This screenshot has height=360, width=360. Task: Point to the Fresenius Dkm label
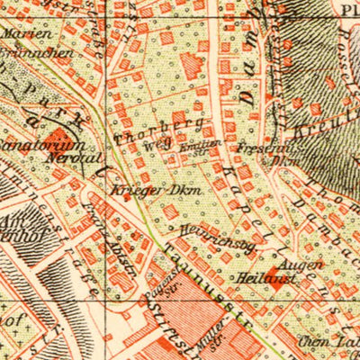[x=256, y=151]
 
